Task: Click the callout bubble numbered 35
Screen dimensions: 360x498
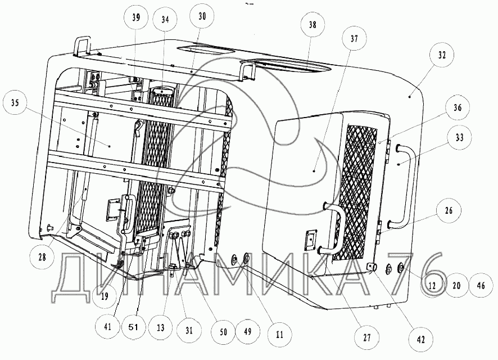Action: point(15,103)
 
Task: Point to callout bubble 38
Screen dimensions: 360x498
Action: point(313,24)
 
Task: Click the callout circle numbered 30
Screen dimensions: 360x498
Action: point(202,16)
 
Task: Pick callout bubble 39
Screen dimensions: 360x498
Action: point(135,17)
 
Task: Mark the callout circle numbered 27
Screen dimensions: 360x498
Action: point(367,337)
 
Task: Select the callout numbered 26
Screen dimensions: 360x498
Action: point(448,211)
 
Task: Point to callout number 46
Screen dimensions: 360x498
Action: point(480,286)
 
